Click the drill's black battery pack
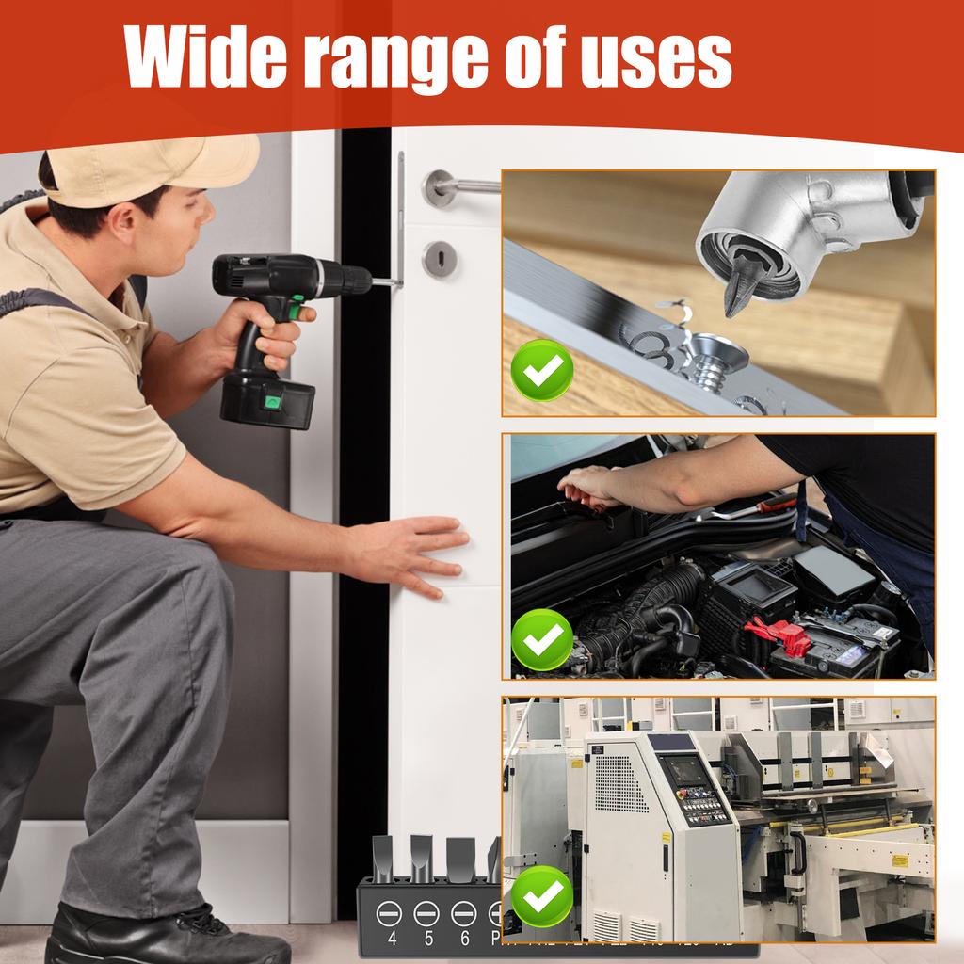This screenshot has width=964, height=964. (x=267, y=398)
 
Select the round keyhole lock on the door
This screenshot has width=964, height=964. (x=439, y=259)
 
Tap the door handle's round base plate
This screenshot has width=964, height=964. (x=439, y=187)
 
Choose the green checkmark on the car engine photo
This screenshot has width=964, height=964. (x=541, y=639)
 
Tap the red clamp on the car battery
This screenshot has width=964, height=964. (x=780, y=636)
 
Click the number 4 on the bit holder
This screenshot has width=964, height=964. (x=392, y=938)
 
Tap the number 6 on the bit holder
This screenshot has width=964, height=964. (x=463, y=938)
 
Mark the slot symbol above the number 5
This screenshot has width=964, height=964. (x=426, y=912)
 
